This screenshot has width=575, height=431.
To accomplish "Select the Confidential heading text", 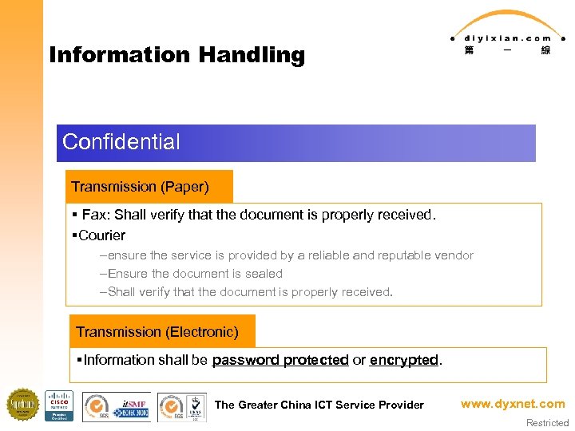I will pyautogui.click(x=121, y=142).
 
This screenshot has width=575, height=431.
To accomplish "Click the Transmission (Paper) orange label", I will pyautogui.click(x=141, y=187).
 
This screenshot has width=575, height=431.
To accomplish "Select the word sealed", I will pyautogui.click(x=264, y=273).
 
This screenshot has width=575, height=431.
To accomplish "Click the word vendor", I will pyautogui.click(x=454, y=255).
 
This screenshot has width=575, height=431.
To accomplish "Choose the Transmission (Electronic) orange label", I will pyautogui.click(x=157, y=331).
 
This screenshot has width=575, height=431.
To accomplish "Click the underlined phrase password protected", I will pyautogui.click(x=280, y=360).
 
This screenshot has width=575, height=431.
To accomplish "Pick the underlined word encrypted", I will pyautogui.click(x=404, y=360).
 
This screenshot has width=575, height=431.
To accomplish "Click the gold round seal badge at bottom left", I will pyautogui.click(x=22, y=405).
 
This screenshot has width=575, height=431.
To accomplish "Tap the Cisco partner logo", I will pyautogui.click(x=58, y=405).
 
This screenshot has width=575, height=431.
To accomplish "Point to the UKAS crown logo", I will pyautogui.click(x=194, y=405).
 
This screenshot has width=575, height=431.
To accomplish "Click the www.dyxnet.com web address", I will pyautogui.click(x=512, y=404).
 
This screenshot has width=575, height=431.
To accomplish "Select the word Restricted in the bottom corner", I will pyautogui.click(x=547, y=423).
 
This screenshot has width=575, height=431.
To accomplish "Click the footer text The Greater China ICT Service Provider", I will pyautogui.click(x=319, y=405).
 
